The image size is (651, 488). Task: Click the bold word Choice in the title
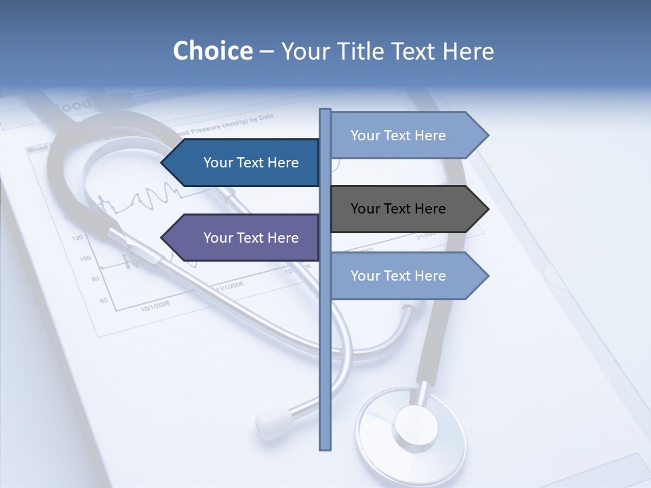click(212, 51)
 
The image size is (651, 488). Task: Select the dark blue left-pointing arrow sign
click(244, 163)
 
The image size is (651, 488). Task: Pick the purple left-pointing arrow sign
click(244, 238)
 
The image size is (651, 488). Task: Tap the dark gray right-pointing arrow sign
click(404, 209)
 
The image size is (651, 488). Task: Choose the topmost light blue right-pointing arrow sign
click(404, 136)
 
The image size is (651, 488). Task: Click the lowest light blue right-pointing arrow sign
click(404, 276)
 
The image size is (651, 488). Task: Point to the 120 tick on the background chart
click(77, 238)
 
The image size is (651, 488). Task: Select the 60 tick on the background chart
click(103, 300)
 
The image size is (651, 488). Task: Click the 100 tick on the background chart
click(85, 258)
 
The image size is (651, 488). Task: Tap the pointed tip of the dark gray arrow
click(488, 209)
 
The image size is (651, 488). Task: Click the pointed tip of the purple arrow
click(162, 238)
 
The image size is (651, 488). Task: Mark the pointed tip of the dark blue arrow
click(162, 163)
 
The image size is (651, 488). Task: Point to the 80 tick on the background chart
click(95, 279)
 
